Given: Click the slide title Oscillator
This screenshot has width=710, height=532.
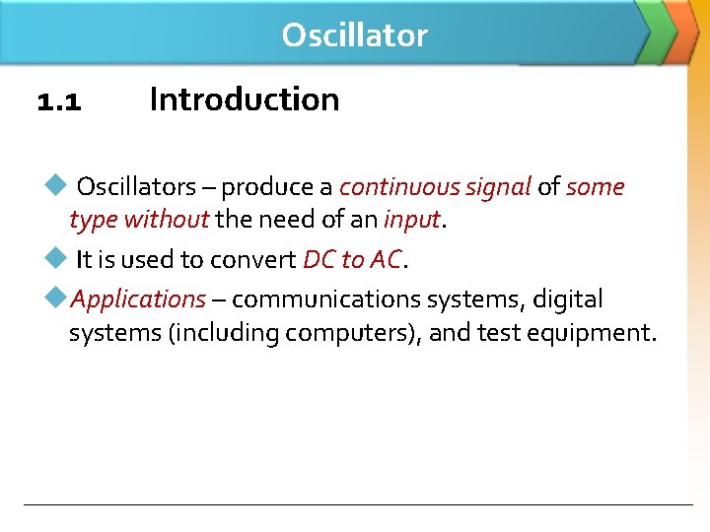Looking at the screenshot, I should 354,35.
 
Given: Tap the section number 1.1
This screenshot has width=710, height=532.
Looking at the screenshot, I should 59,100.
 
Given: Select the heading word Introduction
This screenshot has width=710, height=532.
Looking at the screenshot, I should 244,100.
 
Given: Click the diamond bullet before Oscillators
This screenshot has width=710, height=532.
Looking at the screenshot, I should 55,185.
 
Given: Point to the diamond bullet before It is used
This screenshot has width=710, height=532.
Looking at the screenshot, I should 55,258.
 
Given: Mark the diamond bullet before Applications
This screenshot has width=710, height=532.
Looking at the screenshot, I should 55,298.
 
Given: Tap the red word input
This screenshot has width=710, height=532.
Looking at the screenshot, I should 411,220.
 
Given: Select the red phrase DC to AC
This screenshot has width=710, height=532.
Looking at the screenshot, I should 352,260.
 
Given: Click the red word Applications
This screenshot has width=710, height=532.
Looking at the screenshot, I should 138,299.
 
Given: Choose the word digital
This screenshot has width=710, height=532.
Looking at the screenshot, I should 568,299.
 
